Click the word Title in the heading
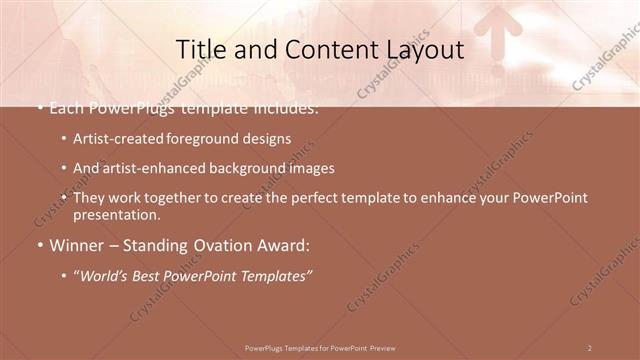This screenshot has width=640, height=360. pos(199,49)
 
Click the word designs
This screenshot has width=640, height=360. pos(266,139)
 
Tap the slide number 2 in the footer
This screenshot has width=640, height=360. pos(589,347)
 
